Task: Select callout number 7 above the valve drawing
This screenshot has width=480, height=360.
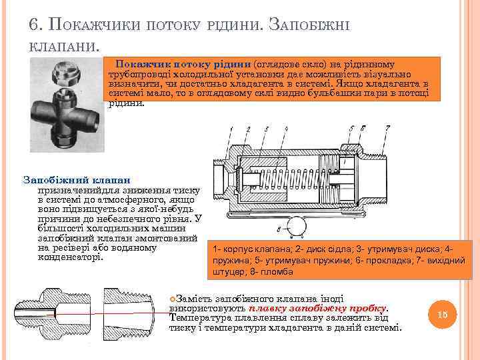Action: pos(387,127)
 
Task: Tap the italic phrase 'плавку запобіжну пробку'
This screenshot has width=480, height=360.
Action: pos(317,308)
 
